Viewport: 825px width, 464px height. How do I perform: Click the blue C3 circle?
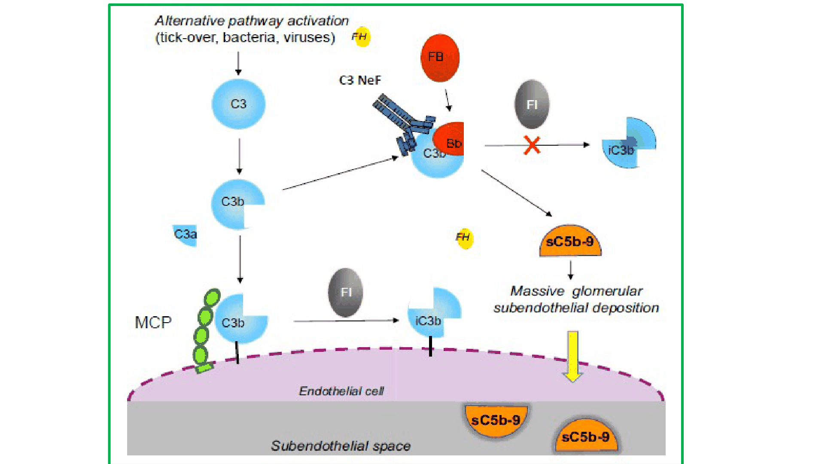tap(238, 104)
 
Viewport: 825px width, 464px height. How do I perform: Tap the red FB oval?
tap(440, 58)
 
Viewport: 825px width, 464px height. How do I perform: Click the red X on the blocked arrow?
tap(532, 145)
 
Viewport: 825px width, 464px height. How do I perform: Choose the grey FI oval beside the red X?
tap(532, 104)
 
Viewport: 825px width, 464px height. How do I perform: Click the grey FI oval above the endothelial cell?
tap(346, 292)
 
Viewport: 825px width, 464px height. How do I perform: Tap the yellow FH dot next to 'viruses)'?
tap(361, 37)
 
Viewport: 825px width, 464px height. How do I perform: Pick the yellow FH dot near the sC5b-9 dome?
tap(464, 238)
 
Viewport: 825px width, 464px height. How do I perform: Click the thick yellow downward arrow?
tap(572, 356)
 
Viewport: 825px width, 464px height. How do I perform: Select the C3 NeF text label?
tap(360, 80)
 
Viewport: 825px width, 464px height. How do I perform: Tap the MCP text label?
tap(153, 322)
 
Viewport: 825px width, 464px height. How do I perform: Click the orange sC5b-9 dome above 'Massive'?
tap(570, 241)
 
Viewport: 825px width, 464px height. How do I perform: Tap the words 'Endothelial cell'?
tap(341, 391)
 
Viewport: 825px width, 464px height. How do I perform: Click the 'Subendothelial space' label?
tap(341, 446)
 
